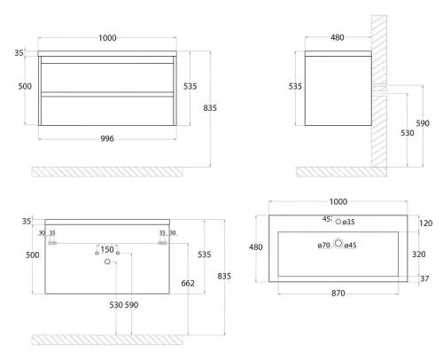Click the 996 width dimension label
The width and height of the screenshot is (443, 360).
tap(107, 138)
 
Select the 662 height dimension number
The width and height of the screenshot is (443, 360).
tap(188, 284)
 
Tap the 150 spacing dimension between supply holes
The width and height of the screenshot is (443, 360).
tap(107, 249)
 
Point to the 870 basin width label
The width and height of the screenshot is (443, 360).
tap(338, 293)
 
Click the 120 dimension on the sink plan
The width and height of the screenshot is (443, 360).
tap(425, 223)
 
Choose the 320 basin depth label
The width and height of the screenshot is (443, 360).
tap(419, 254)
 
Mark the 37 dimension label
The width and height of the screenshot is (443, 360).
tap(424, 278)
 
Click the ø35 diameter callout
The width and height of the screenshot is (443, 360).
tap(349, 222)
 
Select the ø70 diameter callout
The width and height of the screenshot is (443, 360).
tap(324, 246)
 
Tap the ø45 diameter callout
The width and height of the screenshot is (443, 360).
tap(351, 246)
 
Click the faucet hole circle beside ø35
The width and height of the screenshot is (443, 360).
tap(338, 222)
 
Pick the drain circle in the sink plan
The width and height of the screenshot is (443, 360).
tap(338, 243)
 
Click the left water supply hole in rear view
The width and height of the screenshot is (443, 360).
tap(97, 254)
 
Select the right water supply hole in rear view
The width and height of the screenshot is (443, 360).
tap(118, 254)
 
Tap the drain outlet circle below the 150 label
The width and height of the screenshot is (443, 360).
tap(107, 262)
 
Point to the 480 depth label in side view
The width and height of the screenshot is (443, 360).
tap(338, 37)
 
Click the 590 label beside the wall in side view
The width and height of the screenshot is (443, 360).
tap(423, 123)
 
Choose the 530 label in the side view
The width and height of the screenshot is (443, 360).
tap(408, 133)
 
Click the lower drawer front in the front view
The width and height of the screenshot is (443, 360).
tap(107, 111)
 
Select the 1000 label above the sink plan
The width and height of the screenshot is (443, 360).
tap(338, 202)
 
